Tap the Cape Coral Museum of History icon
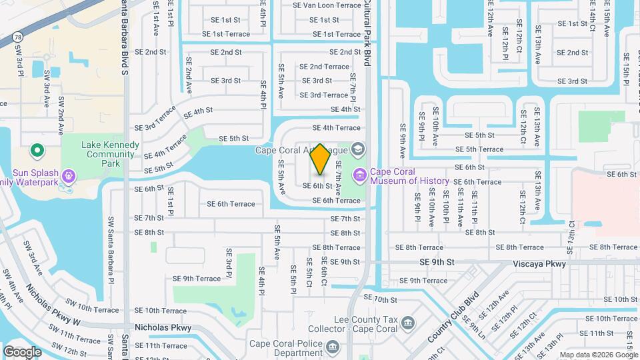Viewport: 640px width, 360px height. (x=360, y=175)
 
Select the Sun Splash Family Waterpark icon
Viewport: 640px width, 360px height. (x=68, y=176)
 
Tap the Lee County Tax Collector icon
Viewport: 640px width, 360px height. (x=408, y=324)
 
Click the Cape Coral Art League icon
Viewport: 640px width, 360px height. (x=360, y=149)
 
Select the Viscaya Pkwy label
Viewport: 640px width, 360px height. (x=539, y=264)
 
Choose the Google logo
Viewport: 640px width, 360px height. (x=23, y=351)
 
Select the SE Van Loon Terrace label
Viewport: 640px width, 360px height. (x=327, y=5)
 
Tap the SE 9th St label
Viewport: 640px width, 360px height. (x=437, y=263)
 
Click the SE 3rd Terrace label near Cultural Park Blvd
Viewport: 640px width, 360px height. (x=323, y=95)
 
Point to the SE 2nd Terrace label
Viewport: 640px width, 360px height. (x=324, y=67)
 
